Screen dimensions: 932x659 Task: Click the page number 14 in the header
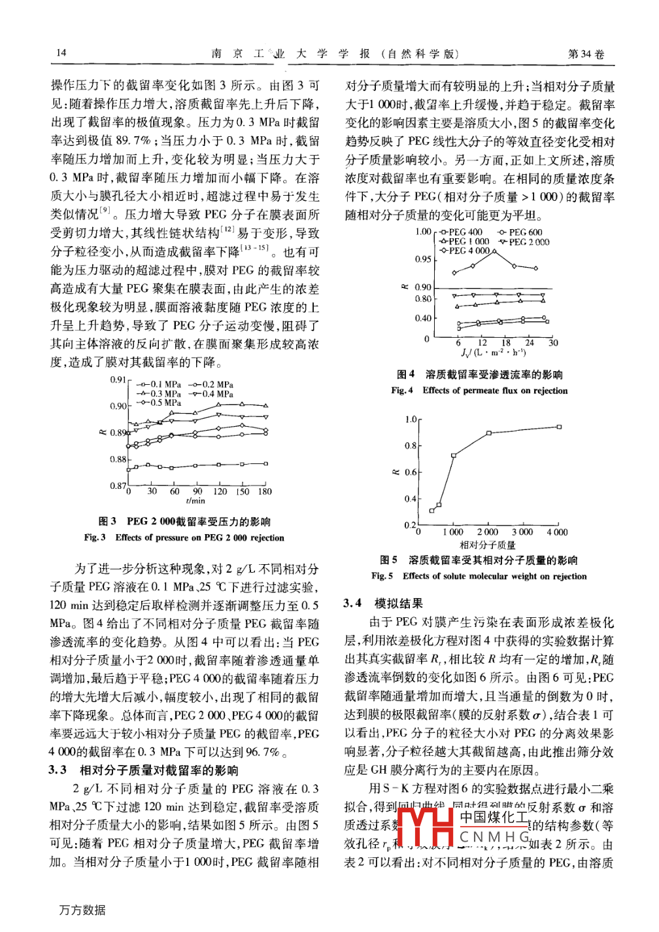61,53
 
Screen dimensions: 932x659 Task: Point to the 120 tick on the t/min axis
220,492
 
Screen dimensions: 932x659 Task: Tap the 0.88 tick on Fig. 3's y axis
118,459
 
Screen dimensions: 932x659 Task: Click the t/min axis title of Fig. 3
195,501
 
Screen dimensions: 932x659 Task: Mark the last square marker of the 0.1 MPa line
265,463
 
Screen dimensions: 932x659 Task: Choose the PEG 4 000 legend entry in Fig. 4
465,251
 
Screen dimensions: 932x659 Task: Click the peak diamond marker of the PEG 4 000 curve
493,251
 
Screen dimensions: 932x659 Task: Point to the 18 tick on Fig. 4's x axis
506,343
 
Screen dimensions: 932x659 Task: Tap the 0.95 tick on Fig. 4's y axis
423,259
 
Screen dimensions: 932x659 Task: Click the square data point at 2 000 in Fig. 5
488,433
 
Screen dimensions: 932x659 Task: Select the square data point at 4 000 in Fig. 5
559,427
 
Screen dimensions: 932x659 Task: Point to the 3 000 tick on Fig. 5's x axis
522,532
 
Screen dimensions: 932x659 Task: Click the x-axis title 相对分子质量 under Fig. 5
488,545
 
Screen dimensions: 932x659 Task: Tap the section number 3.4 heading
353,603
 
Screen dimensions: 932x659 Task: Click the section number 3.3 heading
58,770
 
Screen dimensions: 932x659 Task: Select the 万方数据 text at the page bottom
82,910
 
